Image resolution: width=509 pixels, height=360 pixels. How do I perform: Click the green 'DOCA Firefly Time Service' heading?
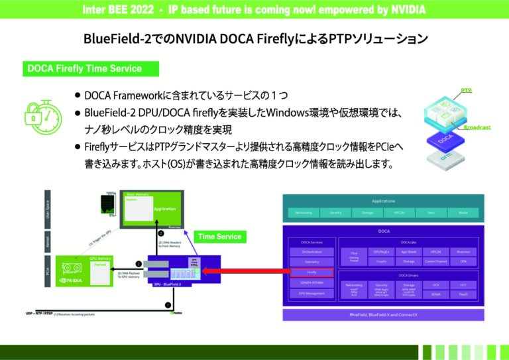(84, 68)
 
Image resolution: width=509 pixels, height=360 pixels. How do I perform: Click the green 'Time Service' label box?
(219, 236)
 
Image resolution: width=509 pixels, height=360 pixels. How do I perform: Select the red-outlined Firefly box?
(311, 272)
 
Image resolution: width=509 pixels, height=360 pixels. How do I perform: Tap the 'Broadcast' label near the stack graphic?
(477, 127)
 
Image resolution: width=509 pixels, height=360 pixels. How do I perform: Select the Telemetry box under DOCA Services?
(311, 262)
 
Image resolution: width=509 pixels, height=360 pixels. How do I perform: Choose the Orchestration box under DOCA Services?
(311, 252)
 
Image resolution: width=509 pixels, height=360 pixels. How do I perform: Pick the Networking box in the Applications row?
(303, 213)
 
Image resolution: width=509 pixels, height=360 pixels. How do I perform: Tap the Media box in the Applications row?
(461, 213)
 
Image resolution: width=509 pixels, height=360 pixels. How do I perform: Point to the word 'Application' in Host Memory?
(164, 208)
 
